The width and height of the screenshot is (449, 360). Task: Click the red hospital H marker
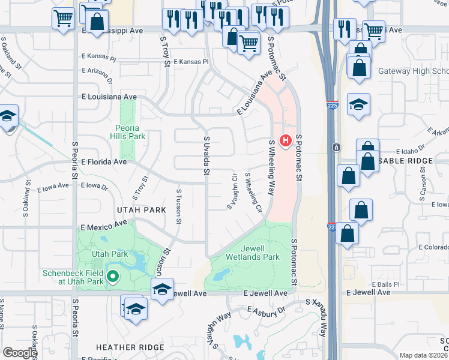[x=286, y=142]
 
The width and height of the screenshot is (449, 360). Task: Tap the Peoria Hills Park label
[x=127, y=132]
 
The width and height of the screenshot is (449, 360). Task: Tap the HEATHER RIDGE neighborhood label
[x=130, y=347]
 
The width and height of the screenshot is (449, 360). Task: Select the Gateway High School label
[x=413, y=71]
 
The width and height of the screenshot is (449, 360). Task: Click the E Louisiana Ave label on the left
[x=109, y=97]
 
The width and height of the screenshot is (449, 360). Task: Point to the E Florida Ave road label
[x=104, y=162]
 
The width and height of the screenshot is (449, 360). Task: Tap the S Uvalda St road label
[x=205, y=155]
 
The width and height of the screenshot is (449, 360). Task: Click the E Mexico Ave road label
[x=104, y=226]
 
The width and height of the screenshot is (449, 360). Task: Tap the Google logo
[x=20, y=353]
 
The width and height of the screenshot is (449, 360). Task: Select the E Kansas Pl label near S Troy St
[x=190, y=62]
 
